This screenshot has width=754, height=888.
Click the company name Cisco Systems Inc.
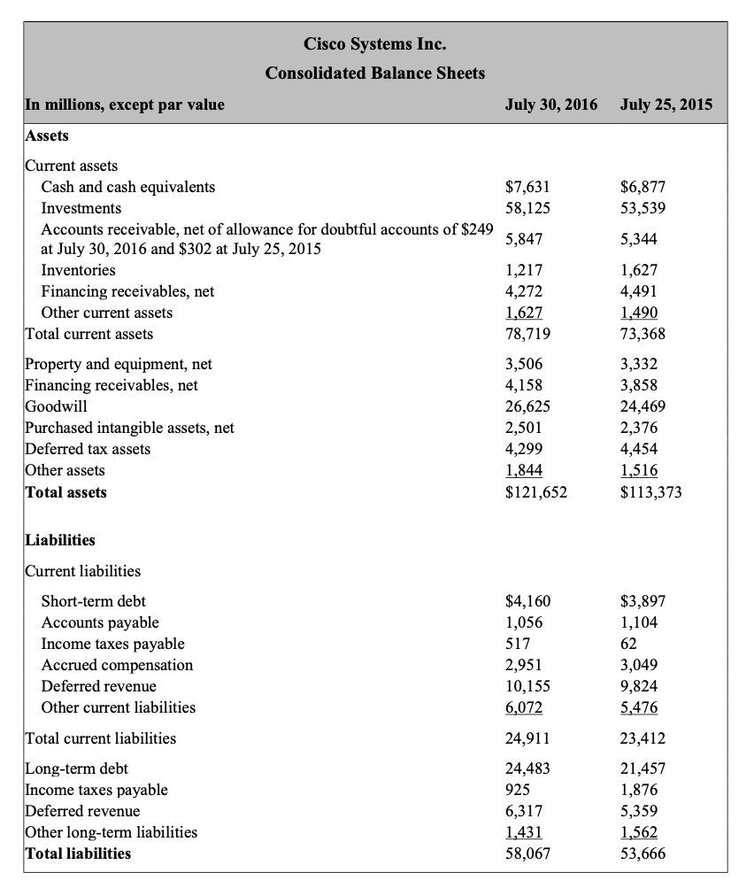(x=375, y=43)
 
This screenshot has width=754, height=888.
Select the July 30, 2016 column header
(x=550, y=104)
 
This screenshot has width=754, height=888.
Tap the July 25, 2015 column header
(x=666, y=104)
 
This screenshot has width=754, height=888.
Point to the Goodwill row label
(x=56, y=406)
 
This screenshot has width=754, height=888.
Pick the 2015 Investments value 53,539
(x=642, y=208)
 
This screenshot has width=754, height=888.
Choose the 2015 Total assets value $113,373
(x=651, y=492)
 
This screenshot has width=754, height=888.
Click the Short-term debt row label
(x=94, y=601)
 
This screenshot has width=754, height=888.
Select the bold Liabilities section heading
(x=60, y=540)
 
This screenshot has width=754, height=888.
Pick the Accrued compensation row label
(x=117, y=665)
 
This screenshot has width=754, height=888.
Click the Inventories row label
(x=79, y=270)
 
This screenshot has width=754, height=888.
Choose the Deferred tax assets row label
(x=88, y=449)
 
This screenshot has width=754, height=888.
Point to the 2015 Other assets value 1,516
(x=639, y=470)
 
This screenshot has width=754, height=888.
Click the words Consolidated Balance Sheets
(x=375, y=73)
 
